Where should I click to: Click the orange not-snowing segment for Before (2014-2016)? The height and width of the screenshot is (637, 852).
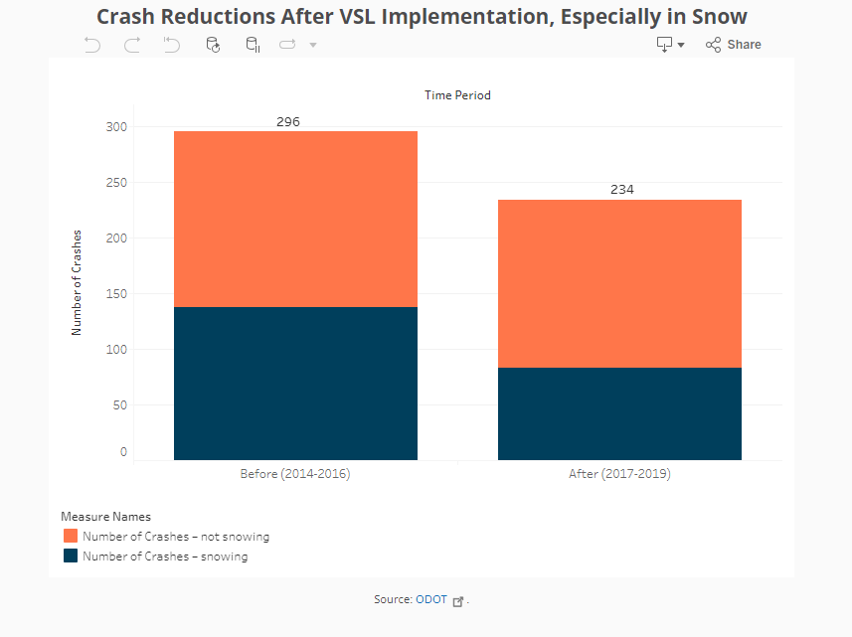tap(295, 219)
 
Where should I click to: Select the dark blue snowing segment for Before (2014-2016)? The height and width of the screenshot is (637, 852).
tap(295, 384)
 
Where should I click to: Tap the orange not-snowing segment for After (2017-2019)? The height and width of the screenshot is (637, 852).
tap(619, 283)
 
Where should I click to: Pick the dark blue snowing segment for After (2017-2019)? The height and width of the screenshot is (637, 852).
tap(619, 413)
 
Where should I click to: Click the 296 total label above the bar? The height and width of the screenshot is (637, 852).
tap(287, 121)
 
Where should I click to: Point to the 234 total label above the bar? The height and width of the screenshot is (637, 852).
tap(622, 190)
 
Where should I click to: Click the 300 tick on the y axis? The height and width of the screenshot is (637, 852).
tap(117, 127)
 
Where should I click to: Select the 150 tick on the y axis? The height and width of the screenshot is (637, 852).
tap(117, 294)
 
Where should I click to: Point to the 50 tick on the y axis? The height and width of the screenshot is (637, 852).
tap(120, 405)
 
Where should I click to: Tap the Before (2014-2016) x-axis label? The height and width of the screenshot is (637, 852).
tap(295, 474)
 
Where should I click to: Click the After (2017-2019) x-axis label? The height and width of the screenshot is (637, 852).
tap(619, 474)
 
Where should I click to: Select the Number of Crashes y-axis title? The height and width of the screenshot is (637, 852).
tap(77, 282)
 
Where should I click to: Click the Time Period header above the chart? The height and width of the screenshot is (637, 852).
tap(457, 95)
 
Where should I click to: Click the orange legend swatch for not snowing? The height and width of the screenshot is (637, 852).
tap(71, 536)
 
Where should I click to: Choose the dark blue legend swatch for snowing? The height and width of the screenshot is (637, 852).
tap(71, 557)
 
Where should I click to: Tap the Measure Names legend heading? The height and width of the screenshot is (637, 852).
tap(105, 517)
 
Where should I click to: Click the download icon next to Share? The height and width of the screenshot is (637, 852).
tap(664, 45)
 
